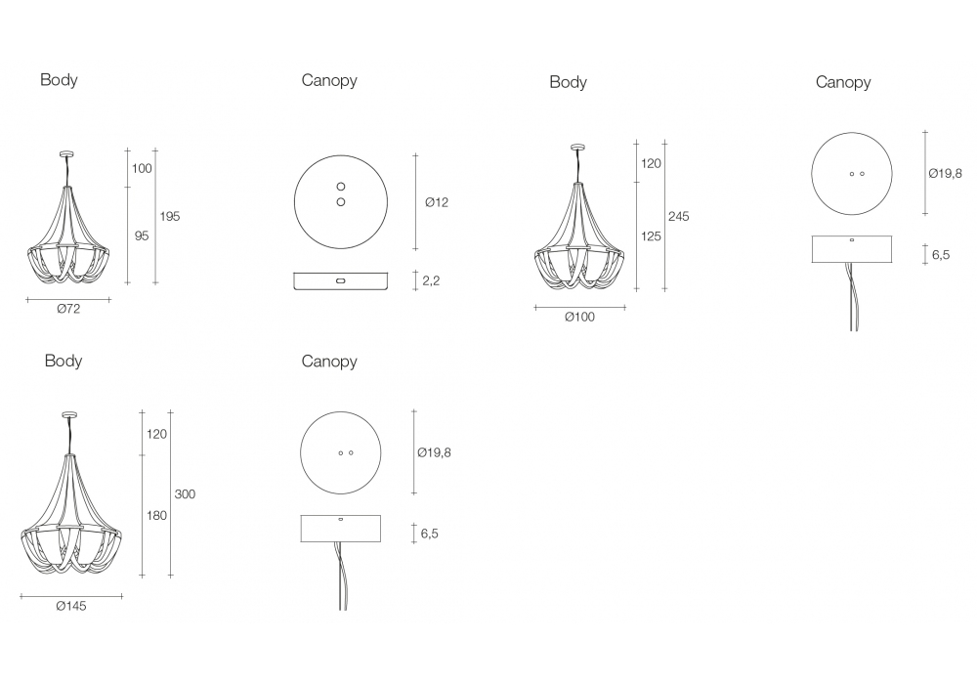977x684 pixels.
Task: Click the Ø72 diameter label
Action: [x=68, y=309]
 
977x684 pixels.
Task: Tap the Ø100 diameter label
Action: [x=579, y=317]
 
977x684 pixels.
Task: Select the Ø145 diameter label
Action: [x=71, y=606]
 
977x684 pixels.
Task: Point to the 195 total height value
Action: [x=169, y=216]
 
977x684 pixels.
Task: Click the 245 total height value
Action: [x=679, y=216]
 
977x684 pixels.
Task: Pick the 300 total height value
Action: [x=185, y=494]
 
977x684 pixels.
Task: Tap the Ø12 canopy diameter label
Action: [x=436, y=202]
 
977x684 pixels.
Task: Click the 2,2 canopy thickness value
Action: [x=431, y=280]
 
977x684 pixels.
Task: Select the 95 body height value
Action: [x=142, y=235]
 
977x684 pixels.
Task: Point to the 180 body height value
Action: [x=156, y=515]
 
